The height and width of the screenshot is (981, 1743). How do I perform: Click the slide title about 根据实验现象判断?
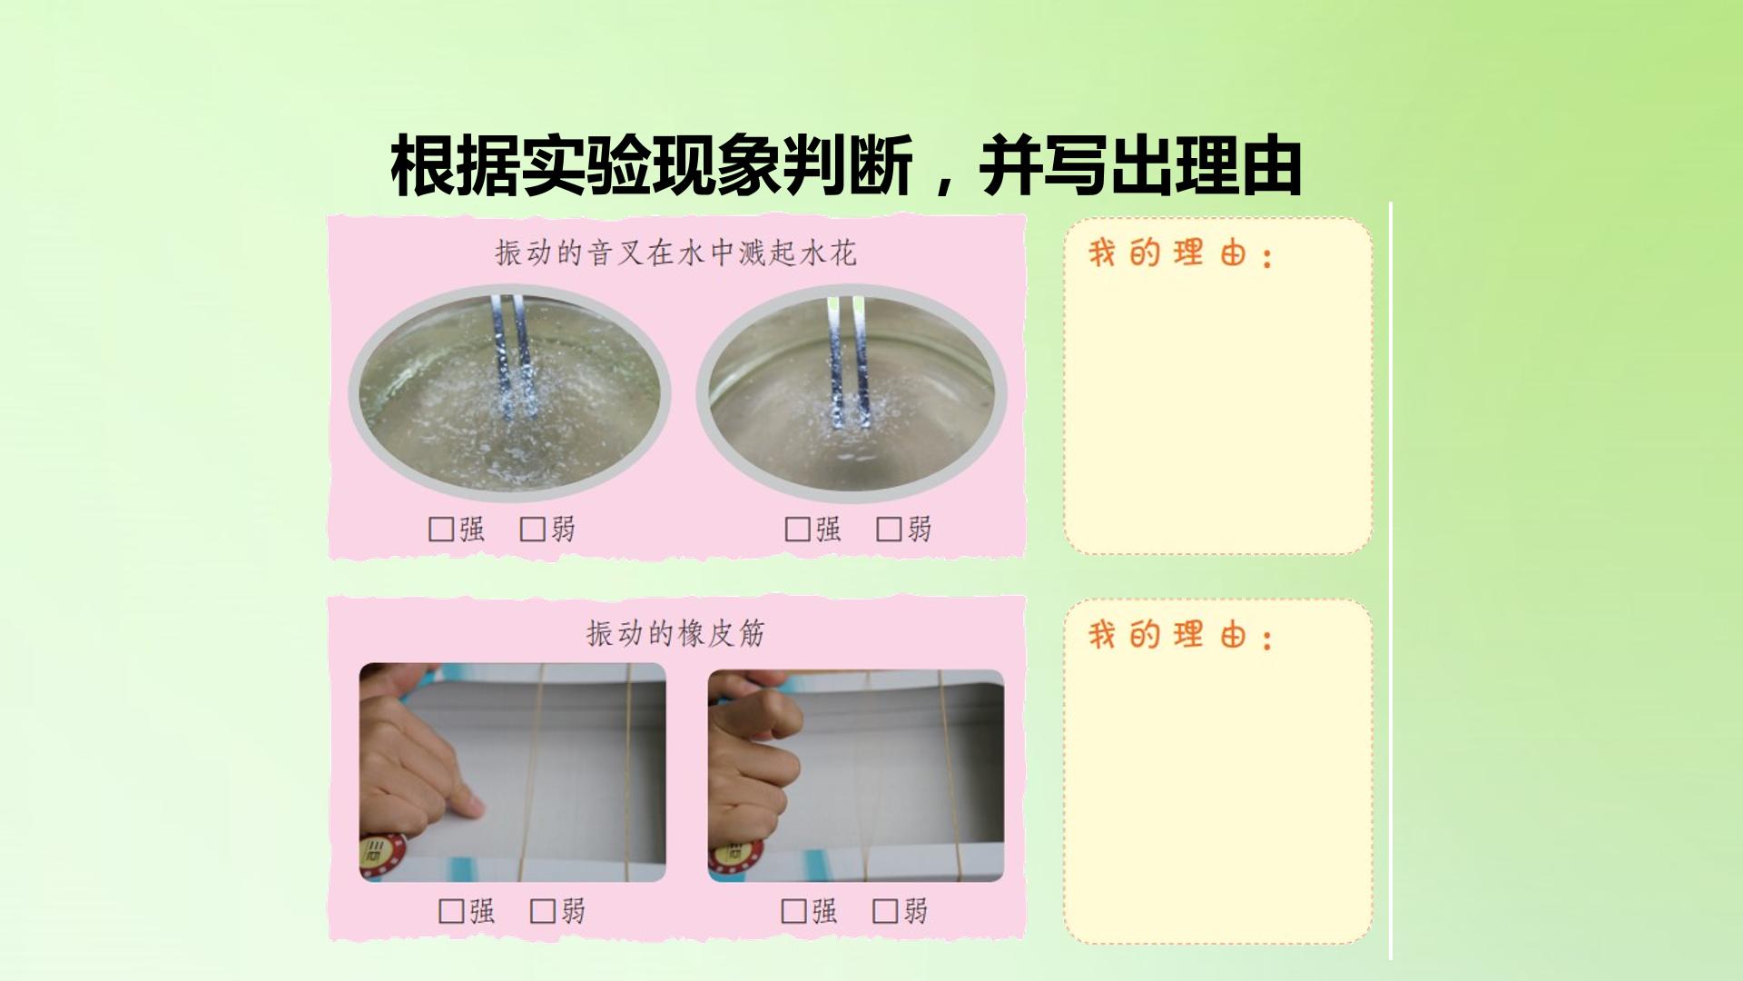[x=846, y=166]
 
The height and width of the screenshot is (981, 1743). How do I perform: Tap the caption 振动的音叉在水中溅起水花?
[x=675, y=253]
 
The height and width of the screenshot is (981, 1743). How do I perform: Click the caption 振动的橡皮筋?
[x=675, y=633]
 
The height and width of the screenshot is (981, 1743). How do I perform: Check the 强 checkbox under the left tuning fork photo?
[x=441, y=530]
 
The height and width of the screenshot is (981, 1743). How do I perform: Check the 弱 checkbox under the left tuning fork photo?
[x=532, y=530]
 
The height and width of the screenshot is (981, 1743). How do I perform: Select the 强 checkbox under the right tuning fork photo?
[x=797, y=530]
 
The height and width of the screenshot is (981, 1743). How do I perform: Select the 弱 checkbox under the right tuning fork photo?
[x=888, y=530]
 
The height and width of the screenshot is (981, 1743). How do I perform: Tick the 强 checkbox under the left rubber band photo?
[x=451, y=911]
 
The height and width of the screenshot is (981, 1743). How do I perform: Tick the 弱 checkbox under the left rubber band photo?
[x=542, y=911]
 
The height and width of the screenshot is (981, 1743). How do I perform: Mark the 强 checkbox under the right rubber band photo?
[x=793, y=911]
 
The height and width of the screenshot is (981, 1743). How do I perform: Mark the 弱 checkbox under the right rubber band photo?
[x=884, y=911]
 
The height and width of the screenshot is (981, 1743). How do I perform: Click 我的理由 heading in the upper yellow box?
[x=1181, y=253]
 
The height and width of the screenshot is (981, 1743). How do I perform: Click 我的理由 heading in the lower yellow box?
[x=1181, y=635]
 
